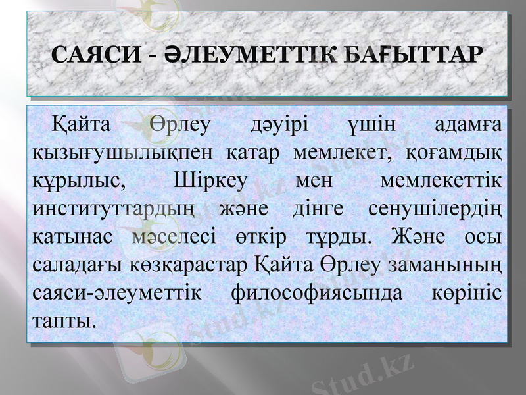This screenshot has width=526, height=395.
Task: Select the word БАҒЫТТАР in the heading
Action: coord(409,54)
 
